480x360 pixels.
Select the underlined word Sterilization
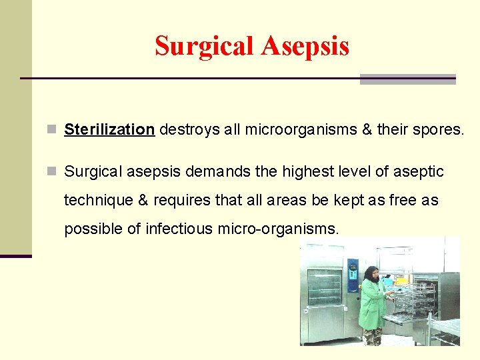[x=109, y=129]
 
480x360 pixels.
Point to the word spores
[x=437, y=129]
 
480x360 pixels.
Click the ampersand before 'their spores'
[x=366, y=129]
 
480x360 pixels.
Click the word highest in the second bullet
[x=311, y=172]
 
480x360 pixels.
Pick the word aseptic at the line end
[x=417, y=172]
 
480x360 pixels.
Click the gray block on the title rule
[x=407, y=79]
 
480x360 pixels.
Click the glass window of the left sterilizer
[x=325, y=287]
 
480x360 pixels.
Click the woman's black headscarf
[x=371, y=274]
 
